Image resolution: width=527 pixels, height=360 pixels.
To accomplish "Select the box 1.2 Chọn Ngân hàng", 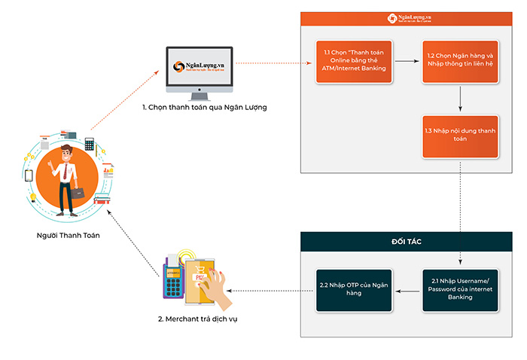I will [460, 62].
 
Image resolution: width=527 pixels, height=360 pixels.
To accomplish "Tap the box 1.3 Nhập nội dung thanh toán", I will [460, 136].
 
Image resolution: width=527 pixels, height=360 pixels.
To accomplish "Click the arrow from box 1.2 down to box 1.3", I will [460, 98].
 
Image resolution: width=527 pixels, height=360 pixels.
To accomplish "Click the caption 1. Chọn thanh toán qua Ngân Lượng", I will [205, 108].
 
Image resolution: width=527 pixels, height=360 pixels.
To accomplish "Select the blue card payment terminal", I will [173, 282].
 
